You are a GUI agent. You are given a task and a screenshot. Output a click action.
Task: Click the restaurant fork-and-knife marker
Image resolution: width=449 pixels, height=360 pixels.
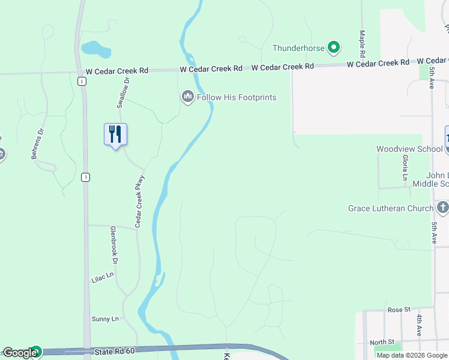116,134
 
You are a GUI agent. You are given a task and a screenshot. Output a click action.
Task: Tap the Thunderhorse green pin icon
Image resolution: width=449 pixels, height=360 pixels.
334,47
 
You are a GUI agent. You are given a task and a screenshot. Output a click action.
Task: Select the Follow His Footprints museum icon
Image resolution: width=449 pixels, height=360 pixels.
188,96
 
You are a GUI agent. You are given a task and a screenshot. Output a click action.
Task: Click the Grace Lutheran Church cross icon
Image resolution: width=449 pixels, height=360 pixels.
443,208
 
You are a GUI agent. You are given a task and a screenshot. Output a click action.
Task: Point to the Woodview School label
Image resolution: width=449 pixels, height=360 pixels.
401,149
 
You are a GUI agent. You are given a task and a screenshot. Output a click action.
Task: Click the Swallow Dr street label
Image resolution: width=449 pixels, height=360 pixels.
123,92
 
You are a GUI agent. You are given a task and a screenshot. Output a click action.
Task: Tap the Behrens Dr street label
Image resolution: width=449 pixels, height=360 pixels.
38,143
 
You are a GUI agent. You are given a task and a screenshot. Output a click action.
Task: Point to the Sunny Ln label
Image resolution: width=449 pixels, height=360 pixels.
105,319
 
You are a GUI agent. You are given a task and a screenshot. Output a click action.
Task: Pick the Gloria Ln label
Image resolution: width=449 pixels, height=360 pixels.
406,167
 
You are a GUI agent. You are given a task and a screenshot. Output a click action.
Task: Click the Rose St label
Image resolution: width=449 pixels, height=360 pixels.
399,310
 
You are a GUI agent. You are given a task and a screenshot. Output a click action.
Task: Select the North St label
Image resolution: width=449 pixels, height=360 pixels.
382,342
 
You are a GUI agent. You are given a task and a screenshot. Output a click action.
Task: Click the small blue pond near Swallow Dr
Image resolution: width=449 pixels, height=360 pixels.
95,49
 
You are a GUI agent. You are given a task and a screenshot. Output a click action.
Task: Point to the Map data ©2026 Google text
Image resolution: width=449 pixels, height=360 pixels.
412,355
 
